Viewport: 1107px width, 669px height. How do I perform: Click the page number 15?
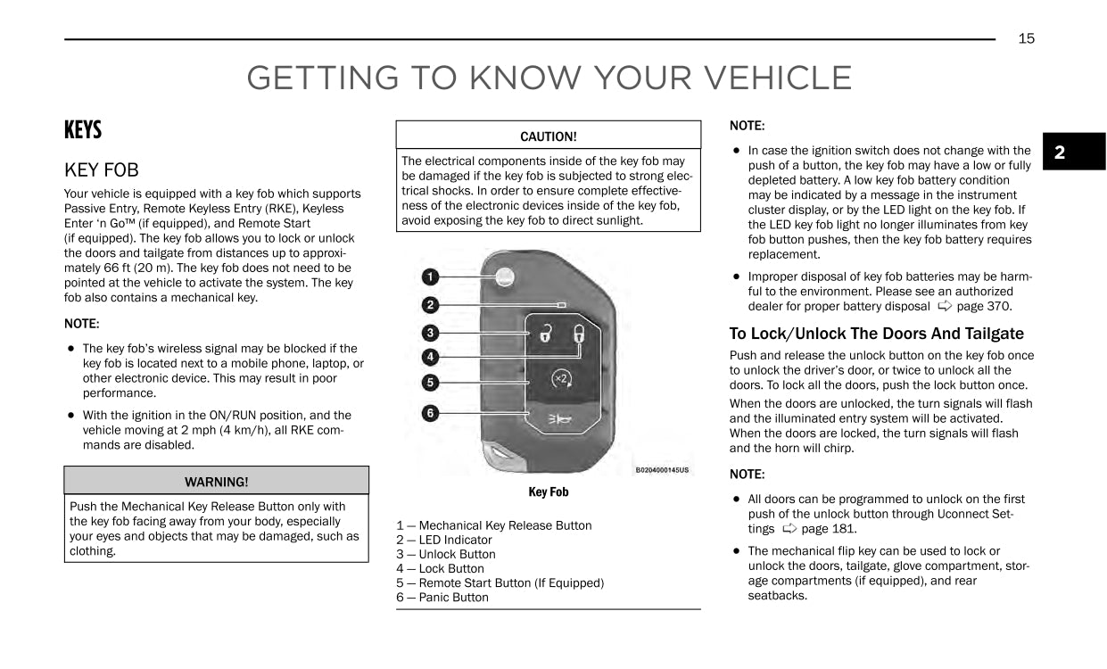(1026, 38)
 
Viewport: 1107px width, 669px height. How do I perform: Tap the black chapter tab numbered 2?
(1060, 153)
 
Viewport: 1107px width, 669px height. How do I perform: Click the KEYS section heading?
(83, 130)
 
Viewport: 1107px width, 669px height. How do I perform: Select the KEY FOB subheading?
(102, 169)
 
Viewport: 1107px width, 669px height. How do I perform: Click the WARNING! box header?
(216, 482)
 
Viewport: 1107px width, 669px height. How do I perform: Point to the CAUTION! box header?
(548, 136)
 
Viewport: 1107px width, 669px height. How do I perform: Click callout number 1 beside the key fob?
(430, 277)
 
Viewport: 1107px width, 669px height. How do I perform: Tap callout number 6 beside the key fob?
(430, 413)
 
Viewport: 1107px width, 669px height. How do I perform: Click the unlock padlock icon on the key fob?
(543, 335)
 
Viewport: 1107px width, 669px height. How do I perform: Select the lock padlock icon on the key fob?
(579, 335)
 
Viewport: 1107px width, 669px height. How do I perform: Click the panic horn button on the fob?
(559, 418)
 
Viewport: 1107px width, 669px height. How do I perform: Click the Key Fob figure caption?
(548, 492)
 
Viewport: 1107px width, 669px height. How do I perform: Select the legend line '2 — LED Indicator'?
(444, 540)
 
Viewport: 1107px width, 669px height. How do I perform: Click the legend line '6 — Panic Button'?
(442, 597)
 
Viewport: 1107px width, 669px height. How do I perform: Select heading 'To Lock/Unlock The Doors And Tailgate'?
(876, 334)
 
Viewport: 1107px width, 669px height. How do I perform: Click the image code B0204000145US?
(662, 470)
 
